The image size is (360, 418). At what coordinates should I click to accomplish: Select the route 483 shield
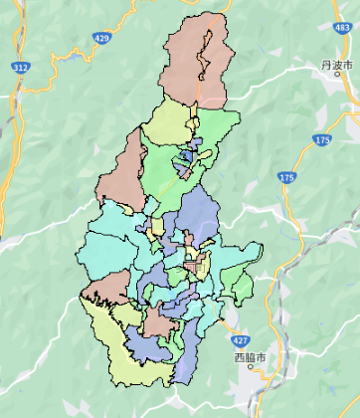[x=343, y=28]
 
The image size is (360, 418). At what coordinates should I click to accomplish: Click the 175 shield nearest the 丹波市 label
[x=319, y=140]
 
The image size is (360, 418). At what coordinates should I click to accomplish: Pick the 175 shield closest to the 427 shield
[x=286, y=177]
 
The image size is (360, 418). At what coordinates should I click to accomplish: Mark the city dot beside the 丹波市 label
[x=338, y=74]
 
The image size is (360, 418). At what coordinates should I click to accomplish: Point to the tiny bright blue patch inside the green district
[x=186, y=159]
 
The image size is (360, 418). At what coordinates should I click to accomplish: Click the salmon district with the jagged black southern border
[x=104, y=289]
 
